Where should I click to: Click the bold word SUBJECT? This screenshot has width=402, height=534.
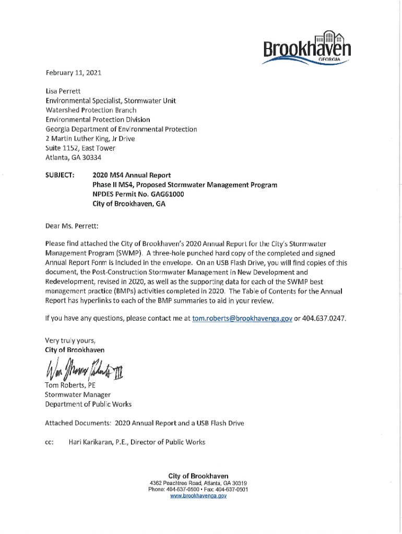point(60,175)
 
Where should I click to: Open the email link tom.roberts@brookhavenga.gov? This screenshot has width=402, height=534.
point(242,318)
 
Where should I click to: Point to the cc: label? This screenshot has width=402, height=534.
point(50,442)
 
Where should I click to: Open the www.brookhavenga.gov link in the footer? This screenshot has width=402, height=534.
point(198,496)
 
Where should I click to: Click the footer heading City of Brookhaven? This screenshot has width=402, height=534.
point(198,476)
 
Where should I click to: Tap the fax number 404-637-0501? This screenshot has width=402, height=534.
point(232,490)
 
